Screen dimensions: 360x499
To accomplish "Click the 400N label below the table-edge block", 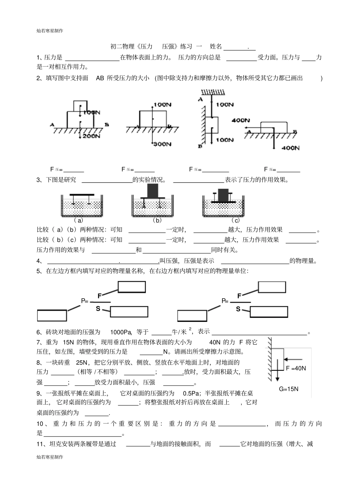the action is pyautogui.click(x=291, y=148).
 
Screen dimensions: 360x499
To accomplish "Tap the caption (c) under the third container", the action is pyautogui.click(x=236, y=220).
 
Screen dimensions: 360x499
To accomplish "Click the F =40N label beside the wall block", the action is pyautogui.click(x=296, y=368).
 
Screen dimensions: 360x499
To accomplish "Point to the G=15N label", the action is pyautogui.click(x=289, y=389).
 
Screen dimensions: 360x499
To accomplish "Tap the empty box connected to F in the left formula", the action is pyautogui.click(x=131, y=287).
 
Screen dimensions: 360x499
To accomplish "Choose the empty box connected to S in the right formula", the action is pyautogui.click(x=269, y=312).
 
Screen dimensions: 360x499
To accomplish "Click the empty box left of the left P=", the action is pyautogui.click(x=52, y=315).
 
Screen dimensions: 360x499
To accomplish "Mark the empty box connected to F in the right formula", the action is pyautogui.click(x=272, y=287).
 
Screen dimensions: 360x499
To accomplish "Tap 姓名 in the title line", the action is pyautogui.click(x=216, y=47).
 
